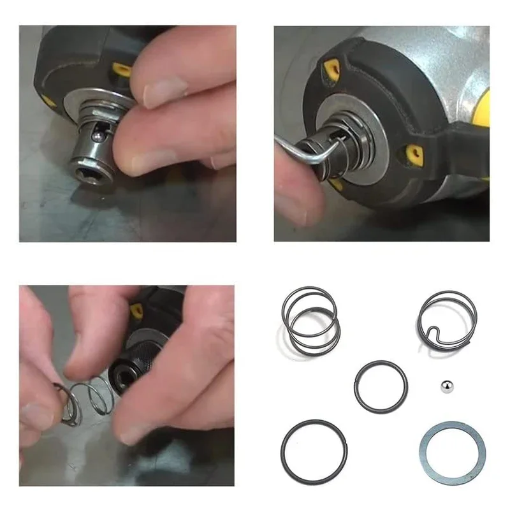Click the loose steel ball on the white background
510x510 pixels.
coord(446,387)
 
